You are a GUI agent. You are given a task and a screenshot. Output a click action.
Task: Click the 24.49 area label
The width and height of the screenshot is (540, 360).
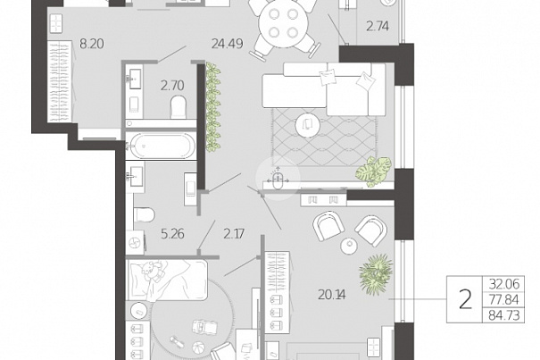(228, 44)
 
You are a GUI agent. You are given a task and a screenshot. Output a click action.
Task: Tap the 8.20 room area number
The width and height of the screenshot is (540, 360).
(92, 44)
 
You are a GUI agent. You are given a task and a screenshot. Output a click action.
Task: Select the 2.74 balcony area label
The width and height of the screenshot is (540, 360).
(378, 26)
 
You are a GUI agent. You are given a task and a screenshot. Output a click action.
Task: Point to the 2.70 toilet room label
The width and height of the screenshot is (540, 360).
(172, 85)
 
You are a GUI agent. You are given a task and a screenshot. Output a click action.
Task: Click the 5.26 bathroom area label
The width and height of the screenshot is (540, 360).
(172, 234)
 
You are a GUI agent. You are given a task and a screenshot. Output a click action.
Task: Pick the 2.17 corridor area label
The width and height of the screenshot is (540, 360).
(234, 234)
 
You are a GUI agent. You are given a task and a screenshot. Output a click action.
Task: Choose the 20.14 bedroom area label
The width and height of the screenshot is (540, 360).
(332, 295)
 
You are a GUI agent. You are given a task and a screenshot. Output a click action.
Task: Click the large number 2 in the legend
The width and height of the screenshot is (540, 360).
(465, 299)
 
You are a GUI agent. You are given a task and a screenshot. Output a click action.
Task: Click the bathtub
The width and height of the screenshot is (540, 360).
(161, 146)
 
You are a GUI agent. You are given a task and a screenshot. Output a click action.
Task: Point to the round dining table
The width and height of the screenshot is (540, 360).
(284, 23)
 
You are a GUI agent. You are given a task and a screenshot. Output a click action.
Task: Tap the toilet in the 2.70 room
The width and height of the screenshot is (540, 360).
(178, 107)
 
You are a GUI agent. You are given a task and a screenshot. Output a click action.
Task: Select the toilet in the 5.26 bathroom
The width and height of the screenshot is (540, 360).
(144, 214)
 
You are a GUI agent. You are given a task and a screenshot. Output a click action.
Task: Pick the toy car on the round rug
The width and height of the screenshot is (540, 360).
(205, 327)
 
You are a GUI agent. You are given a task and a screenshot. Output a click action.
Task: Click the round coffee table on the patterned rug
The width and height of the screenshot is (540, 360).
(308, 125)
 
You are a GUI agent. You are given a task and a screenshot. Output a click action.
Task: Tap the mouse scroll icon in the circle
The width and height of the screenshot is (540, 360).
(278, 180)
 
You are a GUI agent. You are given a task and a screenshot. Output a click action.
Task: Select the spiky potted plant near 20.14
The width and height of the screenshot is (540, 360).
(376, 274)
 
